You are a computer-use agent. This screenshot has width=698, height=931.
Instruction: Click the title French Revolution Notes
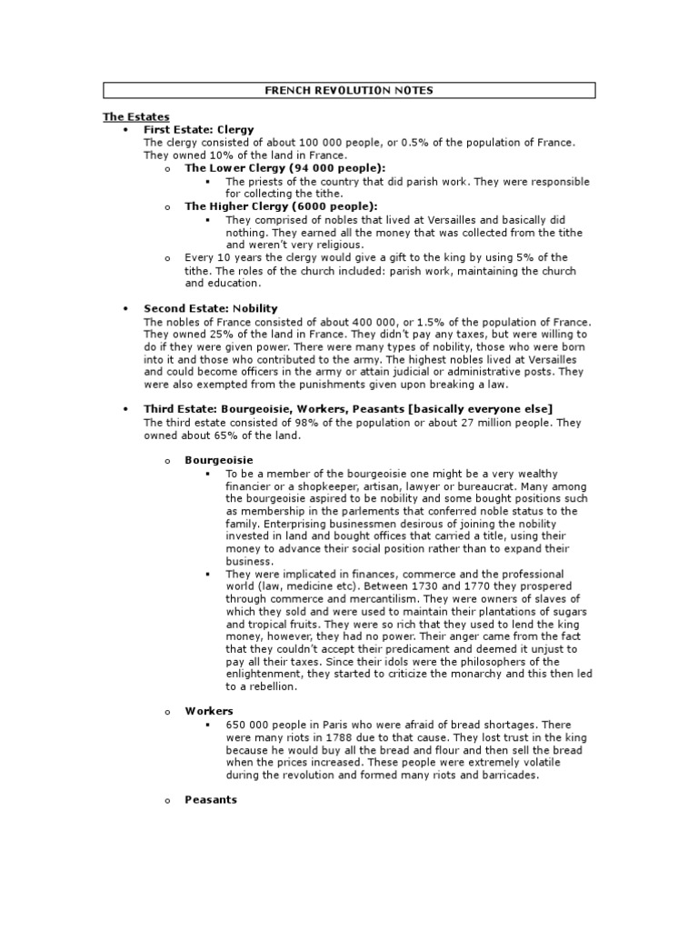349,90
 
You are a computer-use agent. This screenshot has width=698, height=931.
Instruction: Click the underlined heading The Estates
135,117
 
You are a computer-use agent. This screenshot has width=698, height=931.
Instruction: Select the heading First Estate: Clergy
199,130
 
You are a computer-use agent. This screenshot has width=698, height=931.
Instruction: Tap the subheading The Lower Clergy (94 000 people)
284,168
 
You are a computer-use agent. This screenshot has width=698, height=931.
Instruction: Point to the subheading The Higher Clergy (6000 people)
281,206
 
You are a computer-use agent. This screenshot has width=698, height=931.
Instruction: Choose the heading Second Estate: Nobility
211,309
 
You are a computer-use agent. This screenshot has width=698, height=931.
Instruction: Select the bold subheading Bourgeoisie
219,461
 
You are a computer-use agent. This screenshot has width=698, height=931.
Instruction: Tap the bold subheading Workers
209,711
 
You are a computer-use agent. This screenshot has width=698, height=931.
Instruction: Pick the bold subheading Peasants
211,800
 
